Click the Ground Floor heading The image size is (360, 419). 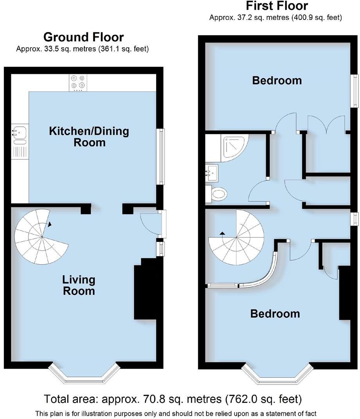click(83, 37)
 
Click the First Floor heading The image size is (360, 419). click(277, 6)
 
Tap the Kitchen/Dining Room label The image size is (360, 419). click(89, 136)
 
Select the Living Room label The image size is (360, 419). click(79, 285)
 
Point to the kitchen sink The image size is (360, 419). click(18, 132)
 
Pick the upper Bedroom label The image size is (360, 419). click(277, 81)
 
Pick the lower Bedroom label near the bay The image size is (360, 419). click(275, 314)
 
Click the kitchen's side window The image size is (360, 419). click(160, 156)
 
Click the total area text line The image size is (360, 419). click(173, 399)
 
